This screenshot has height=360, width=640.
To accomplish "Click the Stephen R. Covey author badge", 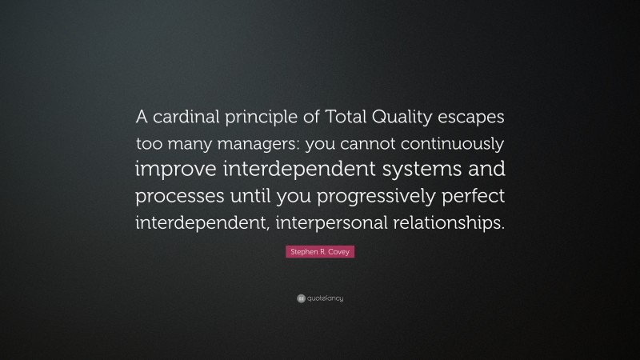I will point(320,252).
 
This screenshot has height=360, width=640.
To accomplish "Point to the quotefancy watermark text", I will point(324,298).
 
